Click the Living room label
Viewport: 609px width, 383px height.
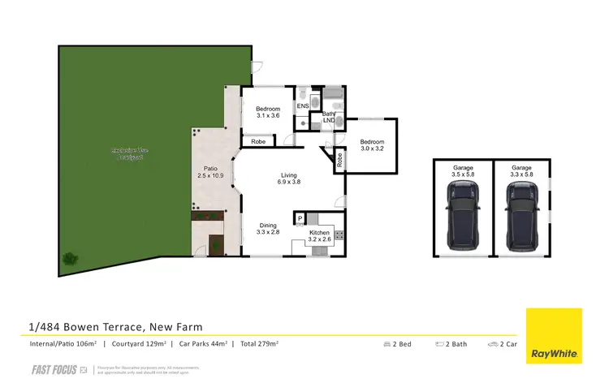[x=290, y=178]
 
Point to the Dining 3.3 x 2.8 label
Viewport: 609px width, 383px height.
[x=267, y=228]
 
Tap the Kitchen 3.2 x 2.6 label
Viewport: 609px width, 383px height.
[x=318, y=235]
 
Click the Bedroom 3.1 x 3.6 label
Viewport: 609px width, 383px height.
[x=267, y=112]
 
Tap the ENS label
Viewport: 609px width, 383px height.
[x=302, y=106]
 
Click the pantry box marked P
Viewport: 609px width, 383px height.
[x=299, y=219]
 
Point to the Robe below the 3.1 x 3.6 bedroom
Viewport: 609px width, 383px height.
[x=258, y=142]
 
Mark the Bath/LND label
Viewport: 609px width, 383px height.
[x=329, y=117]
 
